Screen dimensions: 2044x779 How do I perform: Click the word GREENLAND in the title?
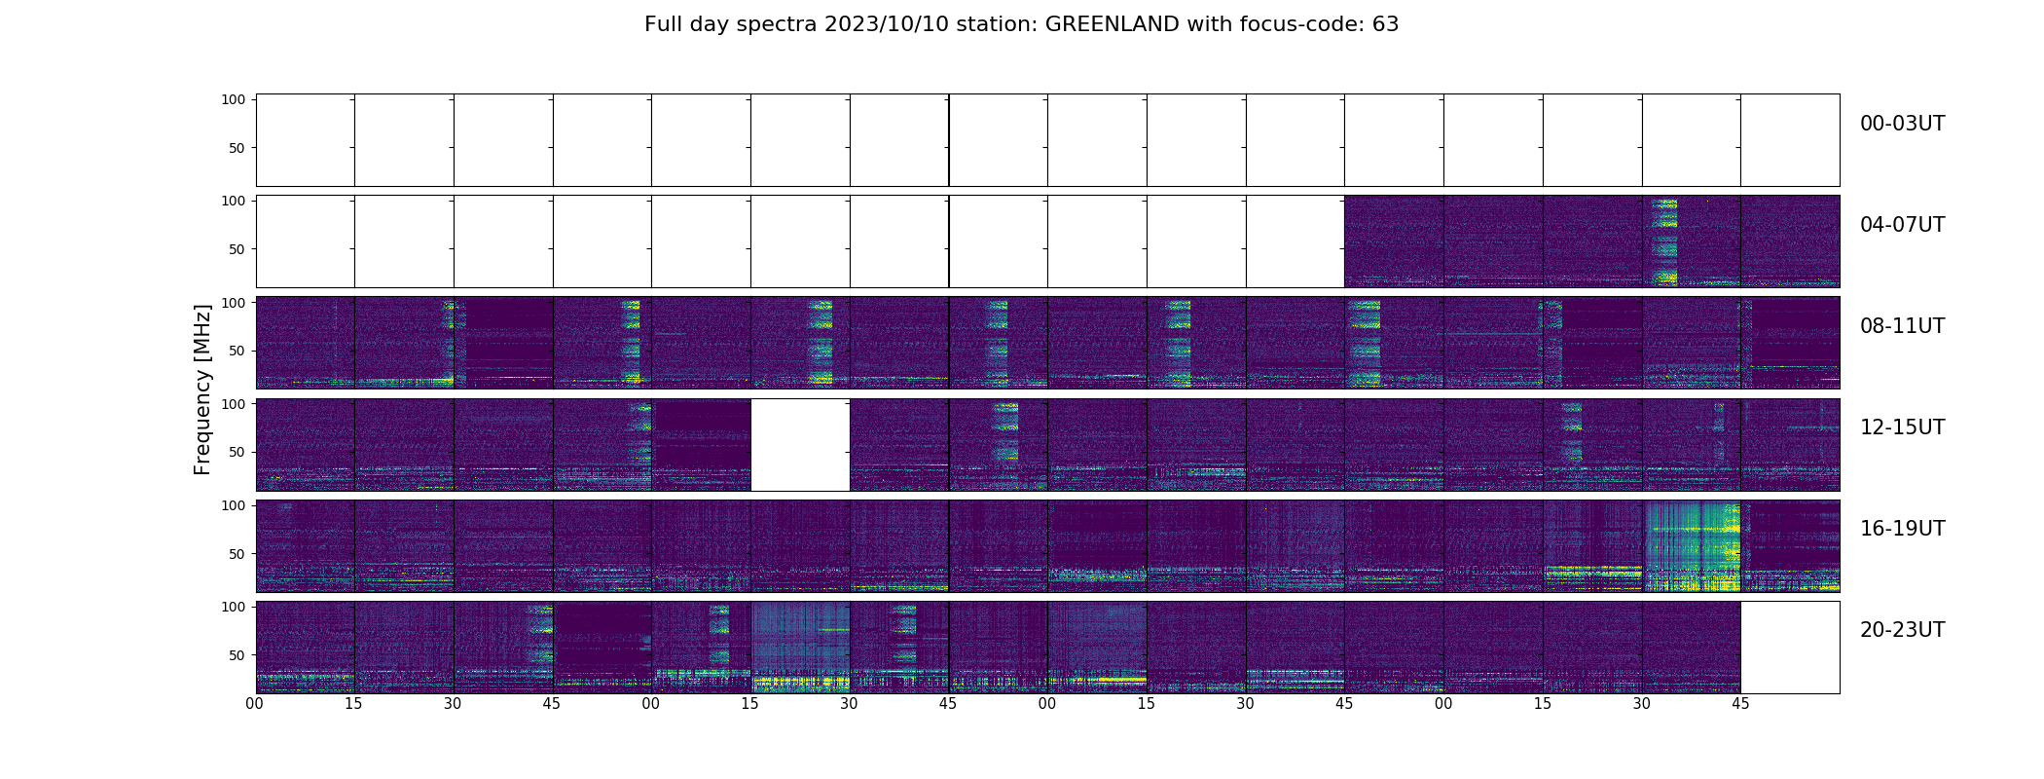click(x=1113, y=24)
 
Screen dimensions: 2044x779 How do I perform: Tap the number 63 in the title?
click(x=1385, y=24)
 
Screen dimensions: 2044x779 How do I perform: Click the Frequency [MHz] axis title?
click(x=202, y=389)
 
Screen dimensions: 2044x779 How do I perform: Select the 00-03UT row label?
click(x=1902, y=124)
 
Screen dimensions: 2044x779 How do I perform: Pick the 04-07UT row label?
click(x=1902, y=225)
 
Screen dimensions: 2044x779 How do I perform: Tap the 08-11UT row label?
click(x=1902, y=326)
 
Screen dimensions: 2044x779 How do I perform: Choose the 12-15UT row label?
click(x=1902, y=427)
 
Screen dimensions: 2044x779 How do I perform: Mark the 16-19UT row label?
click(x=1902, y=529)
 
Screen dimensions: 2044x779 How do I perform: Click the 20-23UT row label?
click(x=1902, y=630)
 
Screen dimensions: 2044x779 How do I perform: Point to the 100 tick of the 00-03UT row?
click(x=234, y=99)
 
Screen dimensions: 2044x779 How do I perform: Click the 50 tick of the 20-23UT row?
click(x=237, y=655)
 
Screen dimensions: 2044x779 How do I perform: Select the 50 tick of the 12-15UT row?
click(x=237, y=452)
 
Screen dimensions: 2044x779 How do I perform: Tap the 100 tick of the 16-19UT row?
click(x=234, y=505)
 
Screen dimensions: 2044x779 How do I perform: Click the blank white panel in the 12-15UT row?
click(x=800, y=445)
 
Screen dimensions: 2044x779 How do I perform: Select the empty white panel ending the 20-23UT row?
click(x=1790, y=648)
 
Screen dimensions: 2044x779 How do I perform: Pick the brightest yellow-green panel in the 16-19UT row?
click(x=1692, y=546)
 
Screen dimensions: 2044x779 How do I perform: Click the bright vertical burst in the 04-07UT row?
click(x=1665, y=241)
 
